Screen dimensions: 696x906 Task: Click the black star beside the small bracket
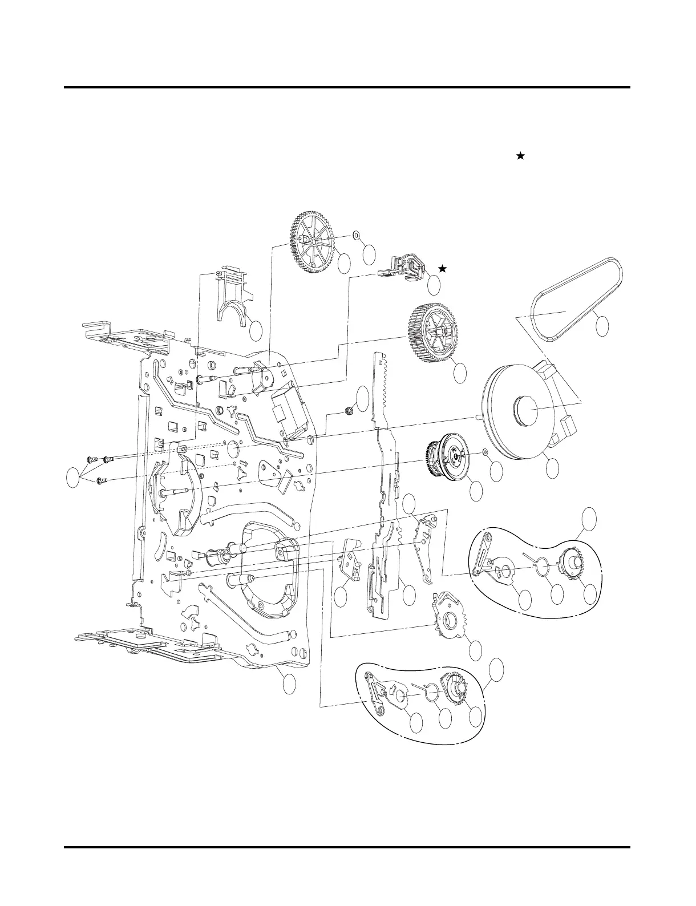pos(442,268)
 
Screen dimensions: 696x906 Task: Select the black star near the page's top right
pos(520,155)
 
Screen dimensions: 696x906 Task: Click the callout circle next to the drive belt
pos(601,326)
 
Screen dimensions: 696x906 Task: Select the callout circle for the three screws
pos(72,478)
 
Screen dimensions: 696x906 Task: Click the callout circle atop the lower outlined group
pos(497,668)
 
